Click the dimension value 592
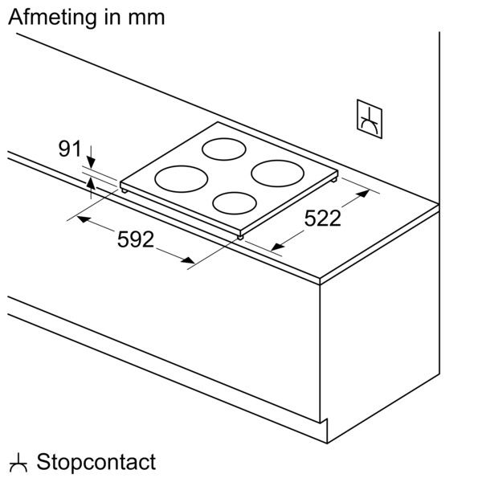pos(136,239)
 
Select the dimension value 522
pos(322,219)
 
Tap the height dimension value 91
pos(69,149)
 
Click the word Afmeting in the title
pos(52,18)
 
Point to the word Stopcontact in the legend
pos(96,462)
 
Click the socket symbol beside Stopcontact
pos(18,464)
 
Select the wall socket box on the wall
pos(370,119)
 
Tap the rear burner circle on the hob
pos(224,149)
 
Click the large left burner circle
pos(181,179)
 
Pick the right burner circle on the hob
pos(278,174)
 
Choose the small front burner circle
pos(235,203)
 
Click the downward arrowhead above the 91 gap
pos(91,162)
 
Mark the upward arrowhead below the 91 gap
pos(91,183)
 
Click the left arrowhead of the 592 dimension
pos(84,219)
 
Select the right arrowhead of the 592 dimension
pos(187,260)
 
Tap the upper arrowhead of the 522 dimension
pos(363,194)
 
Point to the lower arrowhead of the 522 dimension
pos(278,247)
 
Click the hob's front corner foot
pos(240,237)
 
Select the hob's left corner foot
pos(125,191)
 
